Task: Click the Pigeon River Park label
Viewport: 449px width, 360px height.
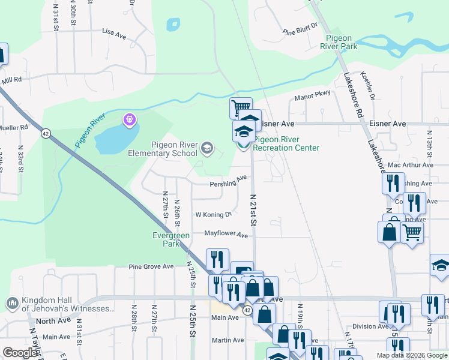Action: [x=339, y=41]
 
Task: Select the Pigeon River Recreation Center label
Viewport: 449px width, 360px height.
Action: [x=286, y=144]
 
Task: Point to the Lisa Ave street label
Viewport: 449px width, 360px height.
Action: [x=114, y=34]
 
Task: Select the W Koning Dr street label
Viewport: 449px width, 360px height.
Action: [x=213, y=214]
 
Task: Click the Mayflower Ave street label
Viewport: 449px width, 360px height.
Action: [x=226, y=234]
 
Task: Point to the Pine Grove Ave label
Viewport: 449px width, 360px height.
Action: [x=151, y=266]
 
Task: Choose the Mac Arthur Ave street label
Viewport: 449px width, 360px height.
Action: [x=411, y=165]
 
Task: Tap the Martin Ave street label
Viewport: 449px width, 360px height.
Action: [x=228, y=340]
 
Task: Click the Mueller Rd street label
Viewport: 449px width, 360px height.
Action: [x=14, y=128]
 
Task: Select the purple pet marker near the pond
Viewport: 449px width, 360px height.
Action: [x=130, y=121]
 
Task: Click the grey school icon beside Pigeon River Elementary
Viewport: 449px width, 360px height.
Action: [x=206, y=148]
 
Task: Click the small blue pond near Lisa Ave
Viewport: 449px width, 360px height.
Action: [x=173, y=25]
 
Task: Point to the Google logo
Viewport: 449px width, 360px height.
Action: [x=20, y=353]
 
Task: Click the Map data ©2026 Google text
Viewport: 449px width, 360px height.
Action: [x=411, y=355]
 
